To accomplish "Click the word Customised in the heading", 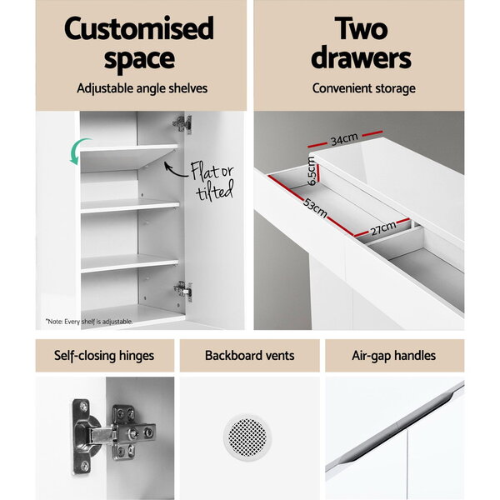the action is (139, 28).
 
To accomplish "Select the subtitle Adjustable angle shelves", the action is (142, 88).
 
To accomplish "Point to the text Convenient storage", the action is (363, 88).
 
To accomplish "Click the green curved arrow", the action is (76, 150).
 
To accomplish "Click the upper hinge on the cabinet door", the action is (182, 123).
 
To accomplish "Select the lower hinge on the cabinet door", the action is (183, 291).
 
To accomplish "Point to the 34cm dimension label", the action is (344, 139).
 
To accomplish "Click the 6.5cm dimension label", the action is (312, 172).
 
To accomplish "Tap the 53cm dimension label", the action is (315, 207).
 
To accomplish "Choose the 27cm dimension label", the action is (383, 228).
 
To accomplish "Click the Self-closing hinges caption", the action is (104, 356).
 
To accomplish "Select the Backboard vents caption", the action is (250, 356).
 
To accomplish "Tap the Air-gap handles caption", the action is (394, 356).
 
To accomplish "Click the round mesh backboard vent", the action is (247, 437).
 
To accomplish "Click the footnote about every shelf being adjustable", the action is (89, 322).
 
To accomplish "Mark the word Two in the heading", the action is (361, 28).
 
